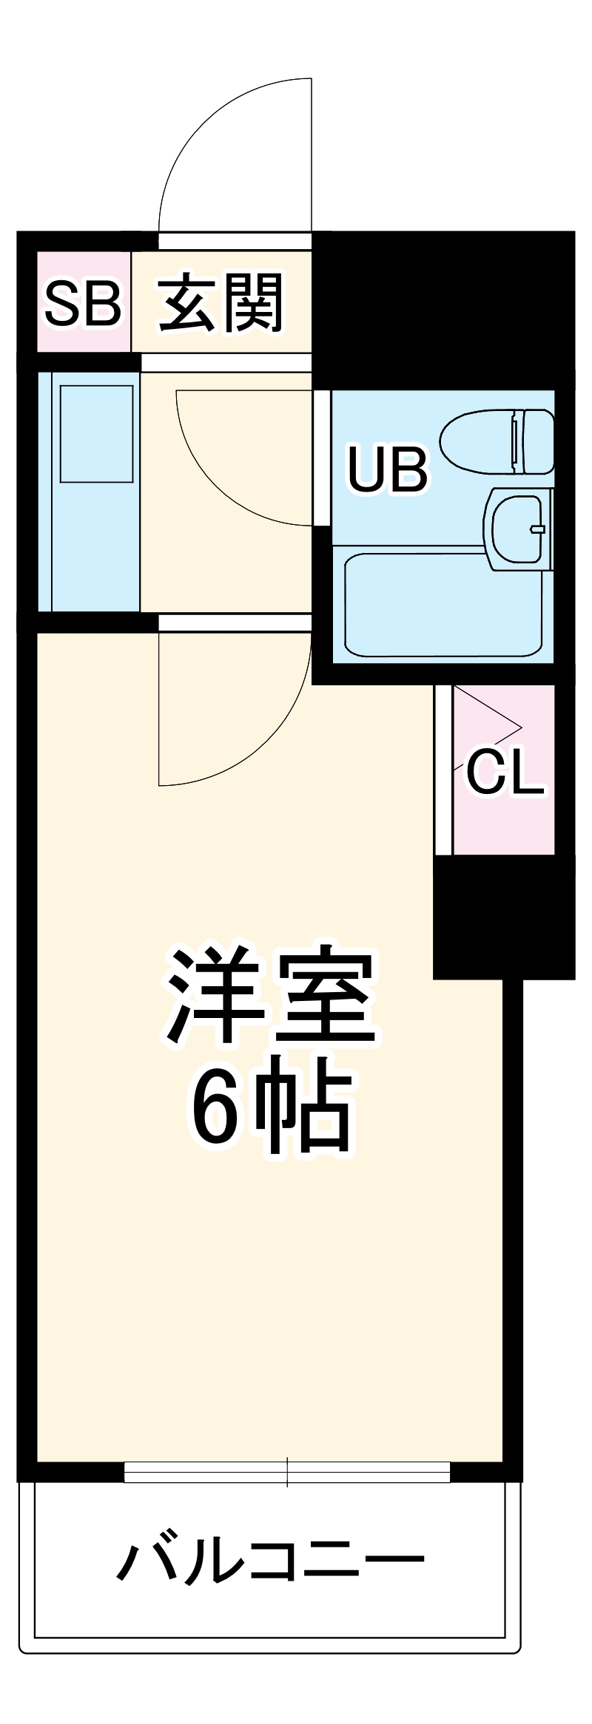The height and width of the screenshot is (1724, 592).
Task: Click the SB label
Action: click(x=83, y=303)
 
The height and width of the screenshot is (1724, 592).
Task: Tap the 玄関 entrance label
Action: click(x=221, y=303)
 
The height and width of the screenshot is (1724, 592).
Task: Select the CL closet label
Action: click(x=505, y=773)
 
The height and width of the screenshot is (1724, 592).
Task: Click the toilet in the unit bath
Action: click(x=488, y=441)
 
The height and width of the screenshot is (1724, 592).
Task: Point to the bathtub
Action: click(x=443, y=605)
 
